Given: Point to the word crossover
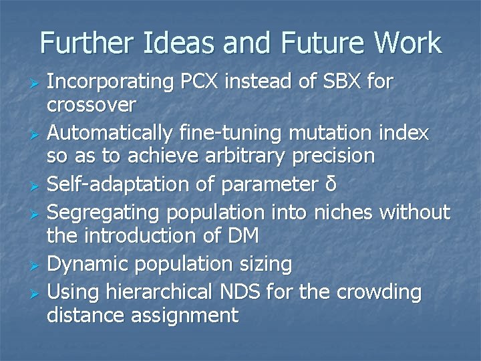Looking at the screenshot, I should click(x=92, y=105).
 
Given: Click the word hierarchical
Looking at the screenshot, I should click(x=158, y=293).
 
